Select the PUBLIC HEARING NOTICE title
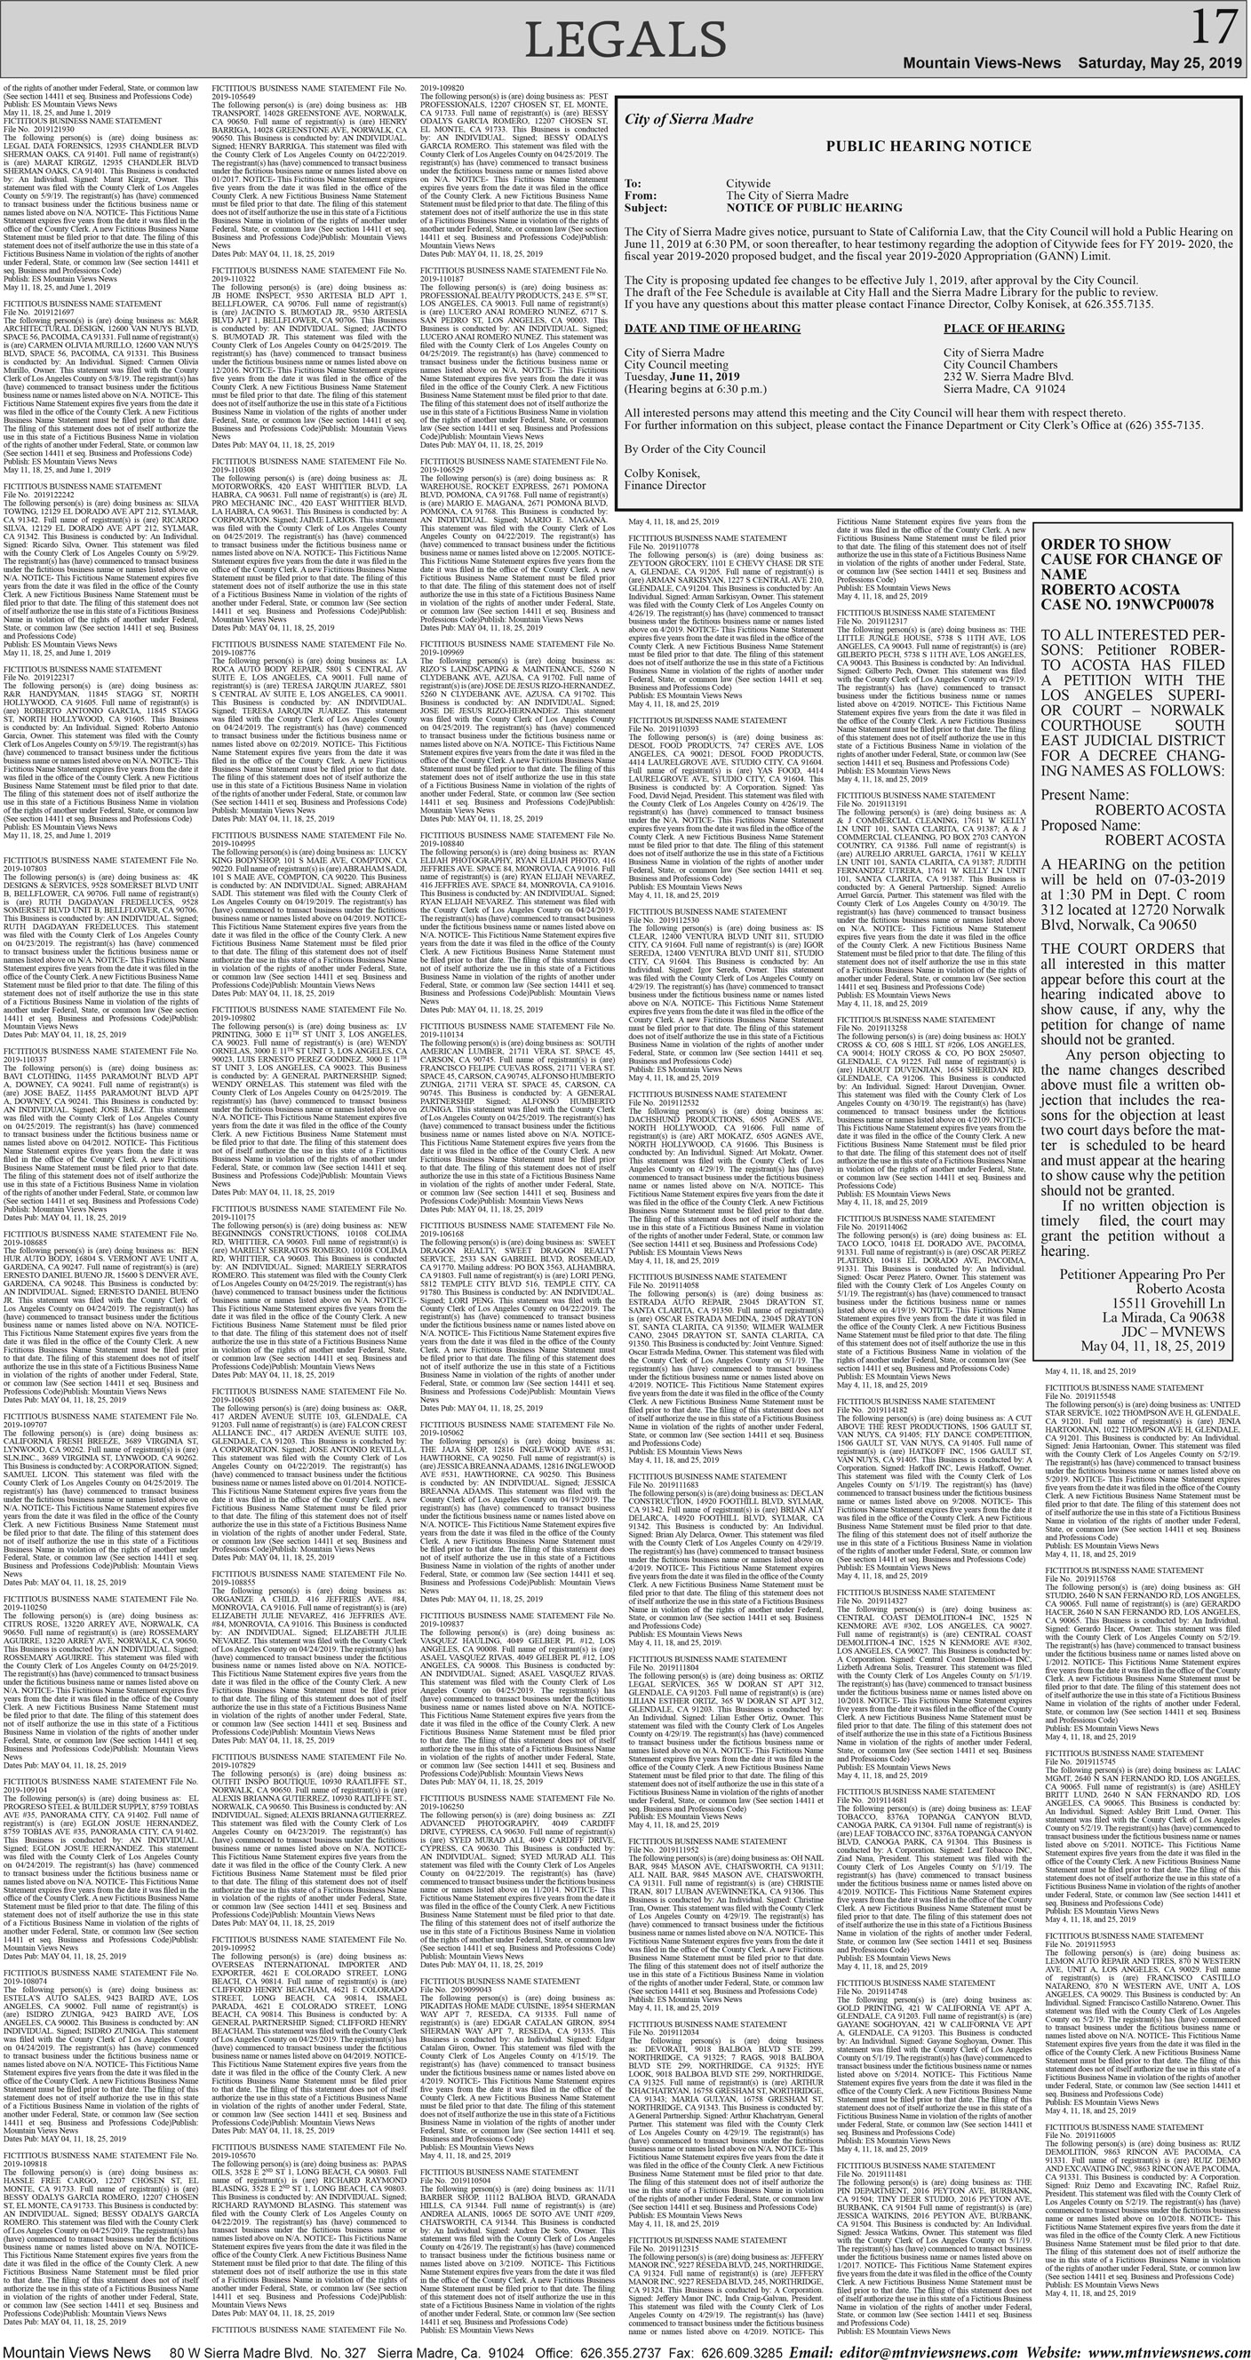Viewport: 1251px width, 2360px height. tap(928, 146)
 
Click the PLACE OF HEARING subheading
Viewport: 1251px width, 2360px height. tap(1003, 328)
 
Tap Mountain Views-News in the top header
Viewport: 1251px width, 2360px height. tap(982, 62)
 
